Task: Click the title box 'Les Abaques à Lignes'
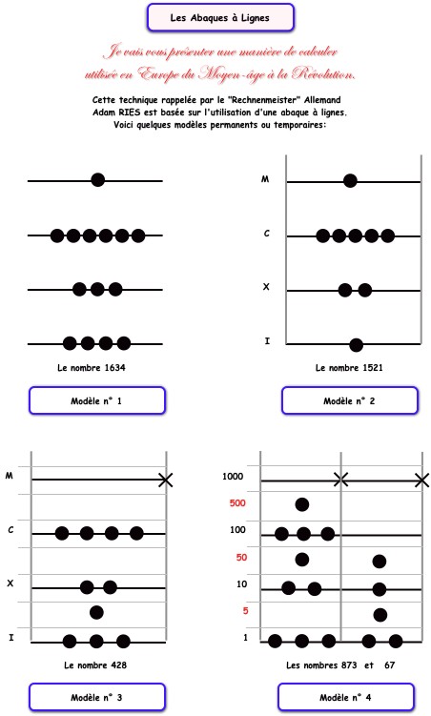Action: (220, 18)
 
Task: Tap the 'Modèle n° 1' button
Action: (97, 401)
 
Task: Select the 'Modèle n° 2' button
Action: (349, 401)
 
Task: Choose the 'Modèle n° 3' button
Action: (97, 697)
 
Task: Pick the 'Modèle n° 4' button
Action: (345, 697)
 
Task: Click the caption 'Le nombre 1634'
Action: (92, 368)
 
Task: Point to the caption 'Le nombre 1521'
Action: (349, 368)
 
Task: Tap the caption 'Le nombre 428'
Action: (95, 665)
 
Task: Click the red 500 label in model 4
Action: (237, 503)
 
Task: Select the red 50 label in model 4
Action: (241, 558)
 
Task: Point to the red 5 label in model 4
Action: (245, 611)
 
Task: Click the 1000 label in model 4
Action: (233, 477)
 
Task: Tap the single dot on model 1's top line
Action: (97, 180)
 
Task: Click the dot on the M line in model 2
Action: (350, 181)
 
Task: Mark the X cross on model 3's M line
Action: (165, 480)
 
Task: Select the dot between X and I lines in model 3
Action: (96, 612)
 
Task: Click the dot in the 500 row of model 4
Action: (302, 504)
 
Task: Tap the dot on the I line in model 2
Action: (356, 345)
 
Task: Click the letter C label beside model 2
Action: (267, 234)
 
